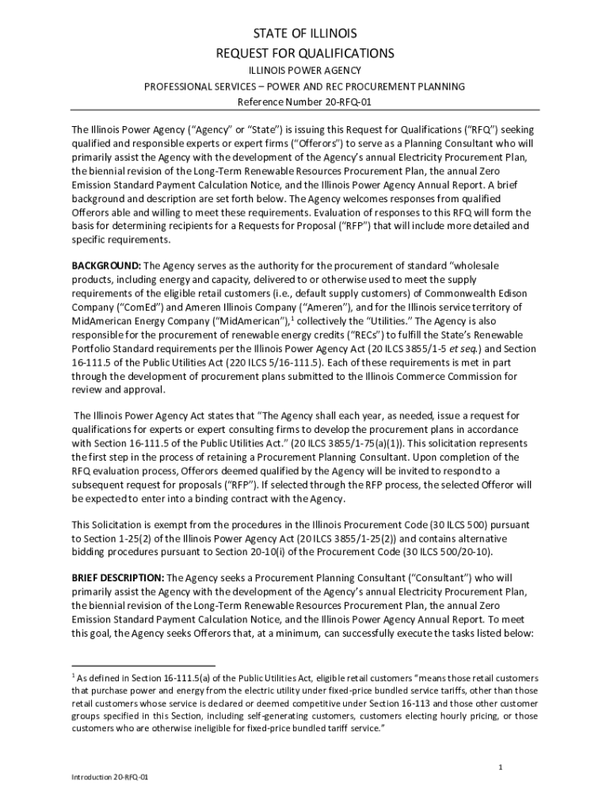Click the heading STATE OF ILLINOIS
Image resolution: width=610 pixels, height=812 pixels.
305,33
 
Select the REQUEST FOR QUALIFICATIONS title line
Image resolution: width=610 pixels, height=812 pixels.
305,53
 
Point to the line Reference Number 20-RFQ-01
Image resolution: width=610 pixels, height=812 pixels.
305,103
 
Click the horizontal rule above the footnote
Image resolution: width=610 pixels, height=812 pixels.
143,665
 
